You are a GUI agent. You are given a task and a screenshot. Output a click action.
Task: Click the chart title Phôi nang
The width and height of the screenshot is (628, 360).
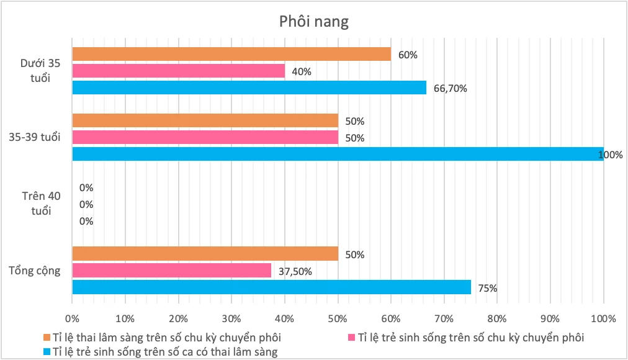click(313, 22)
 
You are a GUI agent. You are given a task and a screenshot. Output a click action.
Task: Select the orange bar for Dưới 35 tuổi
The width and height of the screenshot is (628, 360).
click(231, 54)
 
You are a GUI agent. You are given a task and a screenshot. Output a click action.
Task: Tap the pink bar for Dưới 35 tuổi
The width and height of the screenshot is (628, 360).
click(179, 71)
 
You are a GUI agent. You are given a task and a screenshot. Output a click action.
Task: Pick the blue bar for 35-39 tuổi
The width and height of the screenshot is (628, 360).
click(338, 154)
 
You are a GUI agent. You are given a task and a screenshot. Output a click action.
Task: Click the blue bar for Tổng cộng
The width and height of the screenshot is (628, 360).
click(272, 287)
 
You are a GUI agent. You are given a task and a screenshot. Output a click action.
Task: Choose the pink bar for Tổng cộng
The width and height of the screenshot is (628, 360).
click(172, 270)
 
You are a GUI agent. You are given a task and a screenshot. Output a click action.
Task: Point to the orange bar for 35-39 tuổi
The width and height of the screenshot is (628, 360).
click(205, 120)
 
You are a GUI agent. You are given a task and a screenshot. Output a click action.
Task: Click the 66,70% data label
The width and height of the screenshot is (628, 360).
click(451, 88)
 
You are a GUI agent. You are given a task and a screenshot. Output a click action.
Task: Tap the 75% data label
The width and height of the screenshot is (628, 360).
click(487, 287)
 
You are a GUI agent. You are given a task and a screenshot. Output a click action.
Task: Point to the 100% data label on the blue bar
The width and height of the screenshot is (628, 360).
click(611, 155)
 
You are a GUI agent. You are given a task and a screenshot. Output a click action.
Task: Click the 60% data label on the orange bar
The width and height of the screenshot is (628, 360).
click(408, 55)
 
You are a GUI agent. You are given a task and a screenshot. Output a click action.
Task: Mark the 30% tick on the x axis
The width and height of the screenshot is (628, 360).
click(231, 319)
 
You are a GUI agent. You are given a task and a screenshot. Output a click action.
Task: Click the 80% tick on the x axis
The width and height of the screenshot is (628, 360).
click(497, 319)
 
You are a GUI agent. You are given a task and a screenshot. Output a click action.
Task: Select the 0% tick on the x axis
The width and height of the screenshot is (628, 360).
click(73, 319)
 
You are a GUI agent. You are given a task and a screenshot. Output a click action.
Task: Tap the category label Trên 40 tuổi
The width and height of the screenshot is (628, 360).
click(41, 203)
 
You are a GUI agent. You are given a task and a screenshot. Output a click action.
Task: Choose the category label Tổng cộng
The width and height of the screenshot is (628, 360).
click(35, 270)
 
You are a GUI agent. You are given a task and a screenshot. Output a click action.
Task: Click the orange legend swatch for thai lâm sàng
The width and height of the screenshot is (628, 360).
click(47, 338)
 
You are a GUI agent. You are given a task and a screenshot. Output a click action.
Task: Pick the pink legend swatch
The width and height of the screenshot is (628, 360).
click(351, 338)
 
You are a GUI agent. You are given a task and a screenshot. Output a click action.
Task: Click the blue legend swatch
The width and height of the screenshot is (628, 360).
click(47, 352)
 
